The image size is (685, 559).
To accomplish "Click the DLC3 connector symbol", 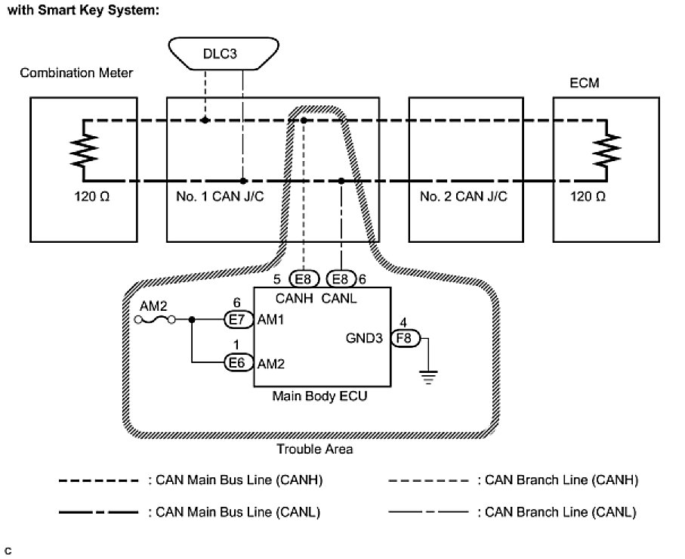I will click(223, 56).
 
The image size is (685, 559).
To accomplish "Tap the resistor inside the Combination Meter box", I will click(82, 151).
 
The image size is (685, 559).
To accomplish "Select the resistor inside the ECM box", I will click(606, 151).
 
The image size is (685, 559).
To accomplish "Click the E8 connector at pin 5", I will click(303, 278).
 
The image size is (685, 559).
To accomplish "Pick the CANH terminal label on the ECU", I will click(294, 297).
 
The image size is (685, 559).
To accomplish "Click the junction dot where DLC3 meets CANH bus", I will click(205, 120).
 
